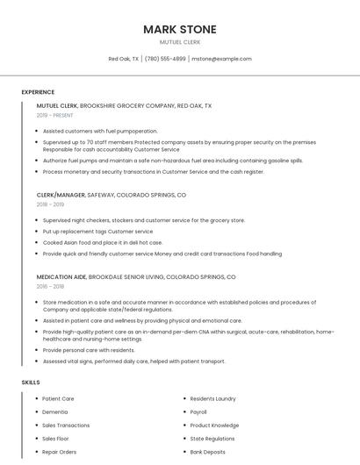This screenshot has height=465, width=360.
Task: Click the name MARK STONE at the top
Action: [179, 29]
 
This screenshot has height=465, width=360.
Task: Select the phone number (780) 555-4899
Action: [165, 59]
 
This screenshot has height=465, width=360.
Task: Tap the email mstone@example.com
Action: [221, 59]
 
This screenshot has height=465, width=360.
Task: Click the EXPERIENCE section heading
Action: [38, 92]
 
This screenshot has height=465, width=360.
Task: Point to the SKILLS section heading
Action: [31, 383]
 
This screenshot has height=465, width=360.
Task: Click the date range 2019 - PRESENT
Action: [55, 115]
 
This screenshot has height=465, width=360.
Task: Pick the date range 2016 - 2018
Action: [51, 286]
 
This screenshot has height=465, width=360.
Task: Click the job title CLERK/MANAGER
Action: [61, 195]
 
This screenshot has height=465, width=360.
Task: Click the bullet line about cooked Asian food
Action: [103, 242]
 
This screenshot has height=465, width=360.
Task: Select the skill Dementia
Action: [54, 411]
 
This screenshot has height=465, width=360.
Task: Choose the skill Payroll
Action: [198, 411]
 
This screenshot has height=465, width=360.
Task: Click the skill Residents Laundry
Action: [213, 398]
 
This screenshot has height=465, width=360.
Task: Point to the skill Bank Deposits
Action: [207, 452]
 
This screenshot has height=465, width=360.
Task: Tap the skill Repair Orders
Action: [60, 452]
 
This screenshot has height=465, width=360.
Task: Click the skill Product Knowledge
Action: [214, 425]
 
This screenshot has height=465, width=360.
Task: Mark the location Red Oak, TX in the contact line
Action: [122, 59]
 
